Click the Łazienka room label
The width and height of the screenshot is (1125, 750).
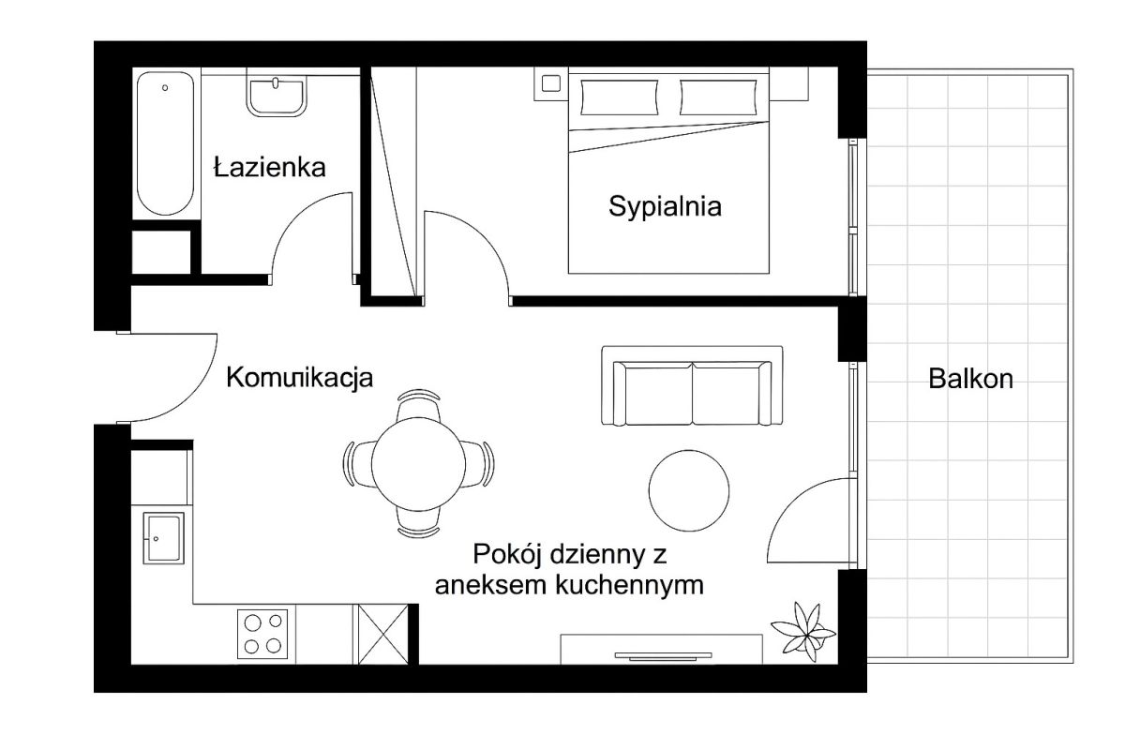click(x=270, y=167)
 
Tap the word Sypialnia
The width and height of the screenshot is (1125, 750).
click(x=665, y=207)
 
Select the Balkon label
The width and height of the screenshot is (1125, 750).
click(x=970, y=379)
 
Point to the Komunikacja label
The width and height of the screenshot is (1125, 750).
click(x=299, y=378)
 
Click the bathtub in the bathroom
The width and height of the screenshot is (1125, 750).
click(x=165, y=143)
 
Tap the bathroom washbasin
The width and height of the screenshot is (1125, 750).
click(x=276, y=96)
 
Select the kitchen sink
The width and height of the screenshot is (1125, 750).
click(x=163, y=538)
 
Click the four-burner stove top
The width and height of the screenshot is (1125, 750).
click(x=262, y=634)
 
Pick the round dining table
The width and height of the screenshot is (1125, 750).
click(x=418, y=464)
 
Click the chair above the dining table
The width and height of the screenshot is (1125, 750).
click(x=418, y=404)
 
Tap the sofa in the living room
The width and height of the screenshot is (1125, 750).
click(x=692, y=386)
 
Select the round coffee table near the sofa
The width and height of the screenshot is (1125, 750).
click(x=688, y=490)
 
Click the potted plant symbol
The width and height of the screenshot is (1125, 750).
click(x=803, y=632)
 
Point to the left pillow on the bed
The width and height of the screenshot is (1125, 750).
click(x=620, y=97)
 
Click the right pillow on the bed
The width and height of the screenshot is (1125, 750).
click(x=718, y=97)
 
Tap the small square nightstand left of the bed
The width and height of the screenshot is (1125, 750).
click(x=551, y=83)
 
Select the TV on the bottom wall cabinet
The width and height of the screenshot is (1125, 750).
click(x=663, y=655)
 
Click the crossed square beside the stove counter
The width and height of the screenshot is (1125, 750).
click(x=382, y=635)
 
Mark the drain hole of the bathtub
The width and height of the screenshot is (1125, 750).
click(x=165, y=88)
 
